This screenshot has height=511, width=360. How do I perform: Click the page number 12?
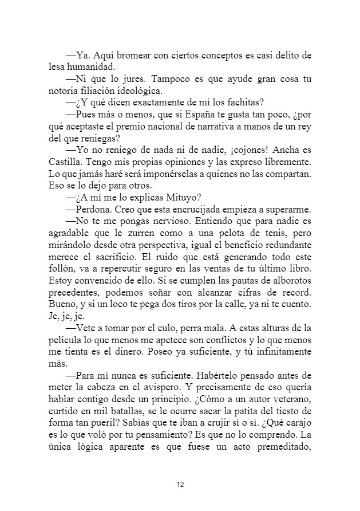pyautogui.click(x=180, y=485)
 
